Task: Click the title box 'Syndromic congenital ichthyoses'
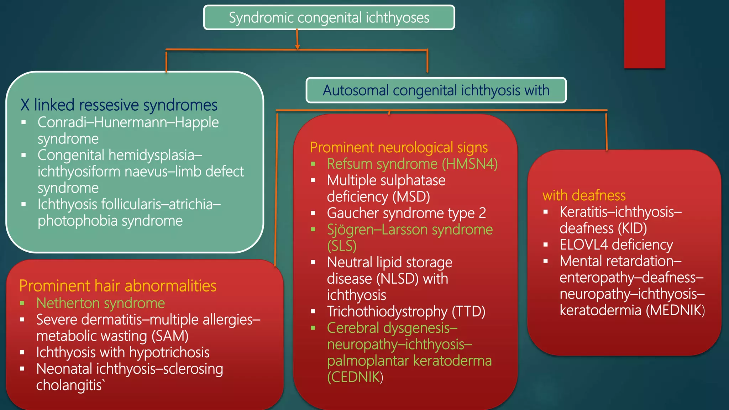(329, 17)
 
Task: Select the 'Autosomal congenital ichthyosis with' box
(436, 90)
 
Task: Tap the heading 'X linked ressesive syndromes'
(119, 105)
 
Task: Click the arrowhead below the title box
(297, 47)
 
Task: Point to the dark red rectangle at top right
(644, 34)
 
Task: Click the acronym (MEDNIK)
(675, 310)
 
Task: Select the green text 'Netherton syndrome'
(100, 303)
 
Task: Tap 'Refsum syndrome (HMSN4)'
(412, 164)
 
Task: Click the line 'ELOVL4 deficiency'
(616, 245)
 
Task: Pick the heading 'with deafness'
(584, 195)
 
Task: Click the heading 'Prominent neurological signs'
(399, 147)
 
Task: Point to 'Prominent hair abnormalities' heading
(118, 286)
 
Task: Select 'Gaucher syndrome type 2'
(406, 213)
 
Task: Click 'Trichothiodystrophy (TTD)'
(406, 311)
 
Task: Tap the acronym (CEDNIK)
(355, 377)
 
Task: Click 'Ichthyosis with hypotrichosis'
(123, 352)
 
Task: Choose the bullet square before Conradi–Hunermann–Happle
(24, 122)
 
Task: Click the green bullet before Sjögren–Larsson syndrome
(313, 230)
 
